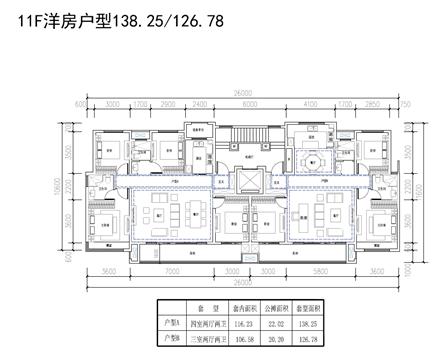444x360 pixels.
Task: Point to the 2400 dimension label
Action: pos(201,102)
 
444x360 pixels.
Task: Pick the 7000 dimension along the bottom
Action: pos(171,271)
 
